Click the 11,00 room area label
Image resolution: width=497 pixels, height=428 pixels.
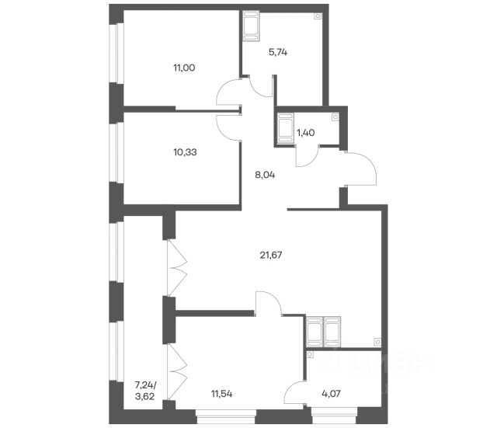pyautogui.click(x=184, y=68)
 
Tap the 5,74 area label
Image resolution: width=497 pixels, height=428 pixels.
pyautogui.click(x=278, y=52)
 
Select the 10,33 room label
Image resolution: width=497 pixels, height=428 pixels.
pyautogui.click(x=185, y=152)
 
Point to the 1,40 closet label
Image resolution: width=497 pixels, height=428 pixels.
pyautogui.click(x=305, y=133)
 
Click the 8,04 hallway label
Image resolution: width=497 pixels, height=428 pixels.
pyautogui.click(x=265, y=175)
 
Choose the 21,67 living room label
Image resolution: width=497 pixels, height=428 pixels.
pyautogui.click(x=271, y=255)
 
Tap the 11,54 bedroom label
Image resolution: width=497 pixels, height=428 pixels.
pyautogui.click(x=222, y=394)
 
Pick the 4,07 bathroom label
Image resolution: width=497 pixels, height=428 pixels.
pyautogui.click(x=332, y=394)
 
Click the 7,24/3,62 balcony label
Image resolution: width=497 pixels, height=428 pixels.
pyautogui.click(x=145, y=391)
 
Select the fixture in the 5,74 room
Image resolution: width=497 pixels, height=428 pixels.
pyautogui.click(x=252, y=26)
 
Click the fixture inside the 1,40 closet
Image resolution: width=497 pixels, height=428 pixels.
pyautogui.click(x=285, y=129)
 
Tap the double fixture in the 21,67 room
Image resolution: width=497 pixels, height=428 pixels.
pyautogui.click(x=324, y=332)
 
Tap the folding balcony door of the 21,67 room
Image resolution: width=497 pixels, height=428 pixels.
pyautogui.click(x=176, y=268)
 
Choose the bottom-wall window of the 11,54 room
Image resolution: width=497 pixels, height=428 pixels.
pyautogui.click(x=226, y=416)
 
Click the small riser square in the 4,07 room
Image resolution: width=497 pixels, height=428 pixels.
pyautogui.click(x=310, y=354)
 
